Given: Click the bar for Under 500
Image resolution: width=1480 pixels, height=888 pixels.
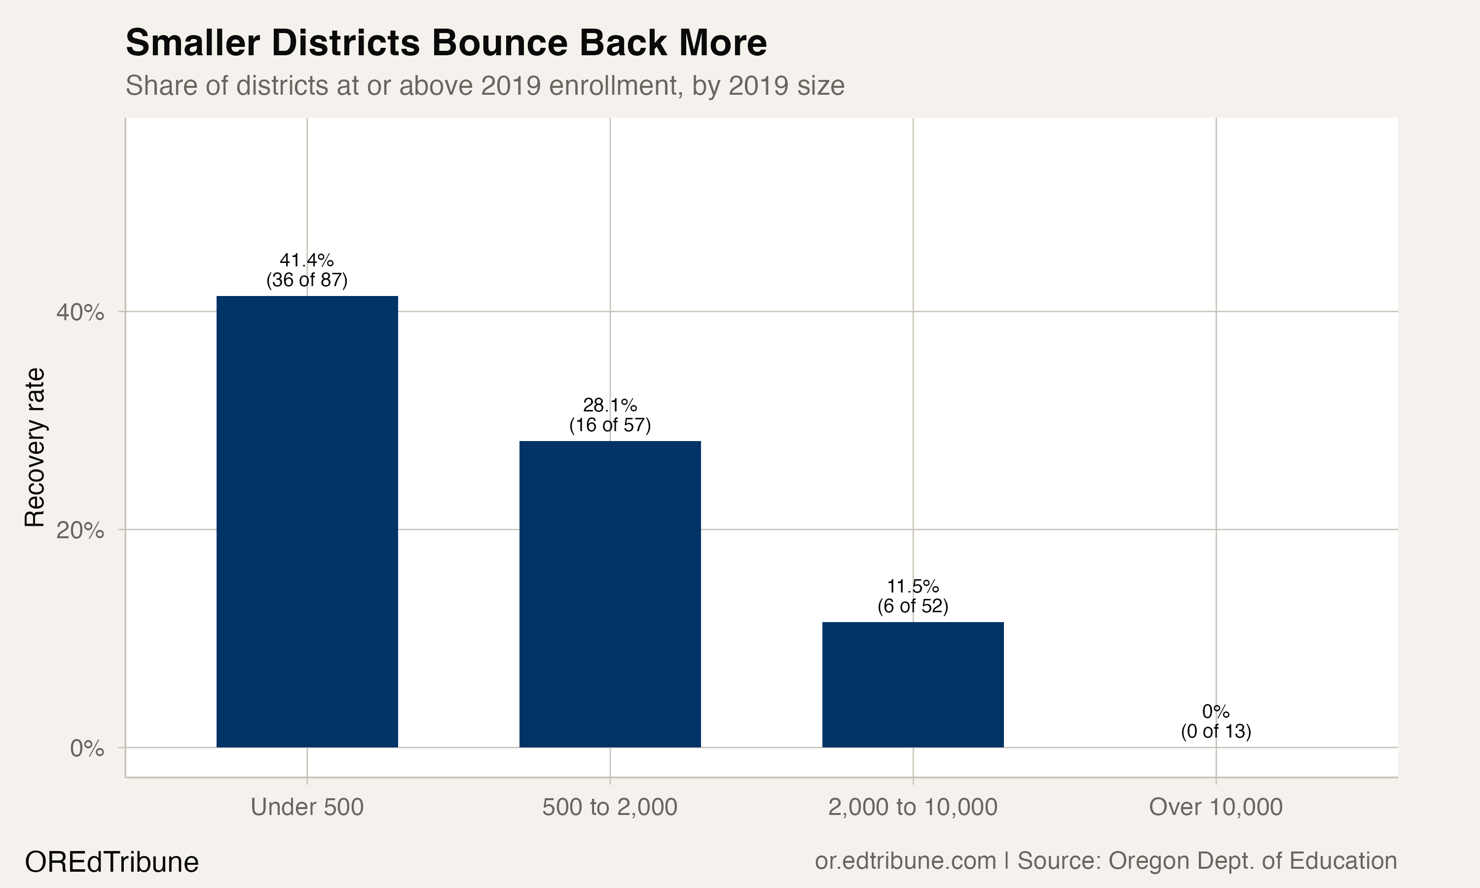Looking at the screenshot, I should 307,521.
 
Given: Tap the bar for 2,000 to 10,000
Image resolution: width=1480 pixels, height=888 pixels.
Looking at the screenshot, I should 912,685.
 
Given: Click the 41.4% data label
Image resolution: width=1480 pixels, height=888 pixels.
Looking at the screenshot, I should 307,260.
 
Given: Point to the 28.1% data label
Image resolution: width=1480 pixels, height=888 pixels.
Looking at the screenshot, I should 610,405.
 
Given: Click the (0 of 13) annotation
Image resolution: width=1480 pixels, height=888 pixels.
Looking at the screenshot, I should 1216,731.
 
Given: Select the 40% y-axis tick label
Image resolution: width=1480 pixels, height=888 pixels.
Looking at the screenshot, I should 80,312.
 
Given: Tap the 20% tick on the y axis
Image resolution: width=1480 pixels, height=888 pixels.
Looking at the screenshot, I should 80,530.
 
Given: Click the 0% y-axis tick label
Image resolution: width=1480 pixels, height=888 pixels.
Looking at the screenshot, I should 87,748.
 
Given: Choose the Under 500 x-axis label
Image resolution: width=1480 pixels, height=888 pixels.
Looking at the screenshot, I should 307,807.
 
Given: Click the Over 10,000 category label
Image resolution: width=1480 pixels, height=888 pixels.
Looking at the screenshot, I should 1216,807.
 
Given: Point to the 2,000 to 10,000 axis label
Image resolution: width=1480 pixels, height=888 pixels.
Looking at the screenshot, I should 912,807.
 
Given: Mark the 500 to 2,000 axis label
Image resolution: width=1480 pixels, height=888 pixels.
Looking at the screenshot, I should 610,807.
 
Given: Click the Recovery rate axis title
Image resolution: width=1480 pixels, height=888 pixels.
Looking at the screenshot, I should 35,447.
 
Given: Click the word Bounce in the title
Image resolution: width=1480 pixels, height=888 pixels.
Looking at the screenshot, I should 498,43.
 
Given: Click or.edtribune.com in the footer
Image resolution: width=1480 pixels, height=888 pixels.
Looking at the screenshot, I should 905,861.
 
